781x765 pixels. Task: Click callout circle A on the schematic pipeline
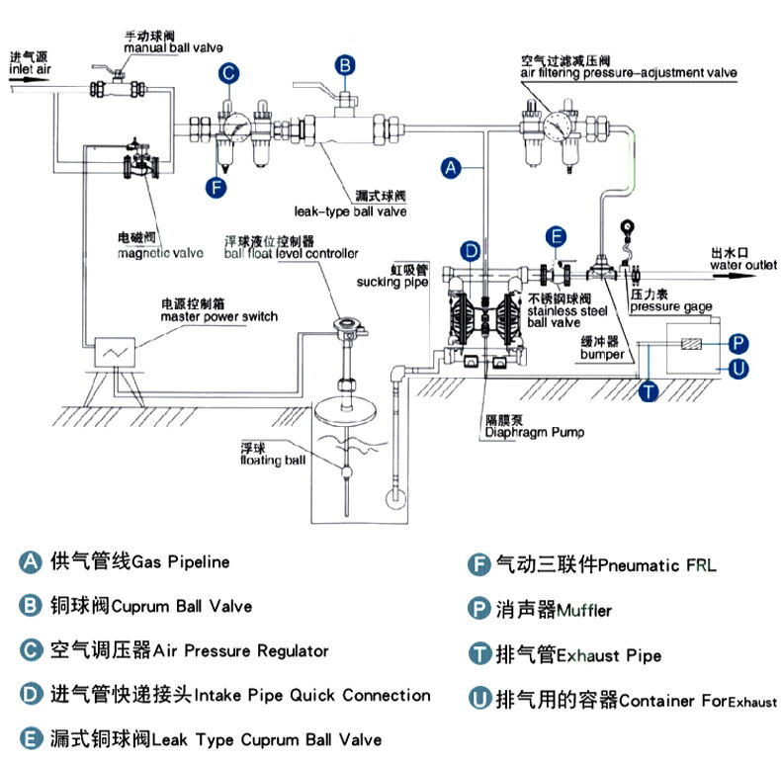click(x=451, y=168)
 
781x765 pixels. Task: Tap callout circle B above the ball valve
click(x=344, y=65)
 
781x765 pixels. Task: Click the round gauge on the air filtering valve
click(x=560, y=126)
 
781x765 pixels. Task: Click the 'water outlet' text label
click(x=741, y=264)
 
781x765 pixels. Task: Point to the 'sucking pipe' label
click(x=392, y=283)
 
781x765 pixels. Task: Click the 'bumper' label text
click(x=601, y=353)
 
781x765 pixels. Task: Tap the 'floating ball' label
click(x=272, y=461)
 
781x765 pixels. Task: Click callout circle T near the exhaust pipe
click(x=648, y=391)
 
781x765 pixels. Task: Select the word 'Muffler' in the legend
click(x=585, y=610)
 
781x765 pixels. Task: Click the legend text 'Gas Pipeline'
click(x=180, y=562)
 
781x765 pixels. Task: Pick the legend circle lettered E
click(x=31, y=739)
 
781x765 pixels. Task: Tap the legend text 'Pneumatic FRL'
click(x=657, y=565)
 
